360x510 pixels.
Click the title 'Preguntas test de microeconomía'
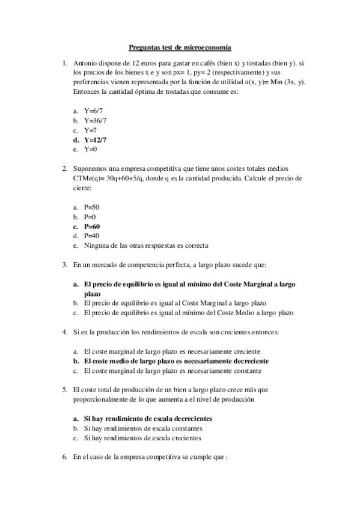180,47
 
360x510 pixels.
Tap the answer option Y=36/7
96,121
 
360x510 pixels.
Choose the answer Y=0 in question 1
91,149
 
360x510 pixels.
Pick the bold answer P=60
92,226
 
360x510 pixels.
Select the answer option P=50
91,207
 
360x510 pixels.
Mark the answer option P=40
91,236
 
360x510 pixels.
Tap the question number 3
65,264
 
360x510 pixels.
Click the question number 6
65,457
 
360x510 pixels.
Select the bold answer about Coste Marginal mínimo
190,284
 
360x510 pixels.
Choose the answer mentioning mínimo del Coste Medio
189,313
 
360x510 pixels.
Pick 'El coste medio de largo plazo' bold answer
176,361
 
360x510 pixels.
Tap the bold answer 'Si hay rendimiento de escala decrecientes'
148,419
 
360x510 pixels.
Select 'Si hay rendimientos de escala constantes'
143,428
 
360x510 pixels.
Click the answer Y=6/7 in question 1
93,111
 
